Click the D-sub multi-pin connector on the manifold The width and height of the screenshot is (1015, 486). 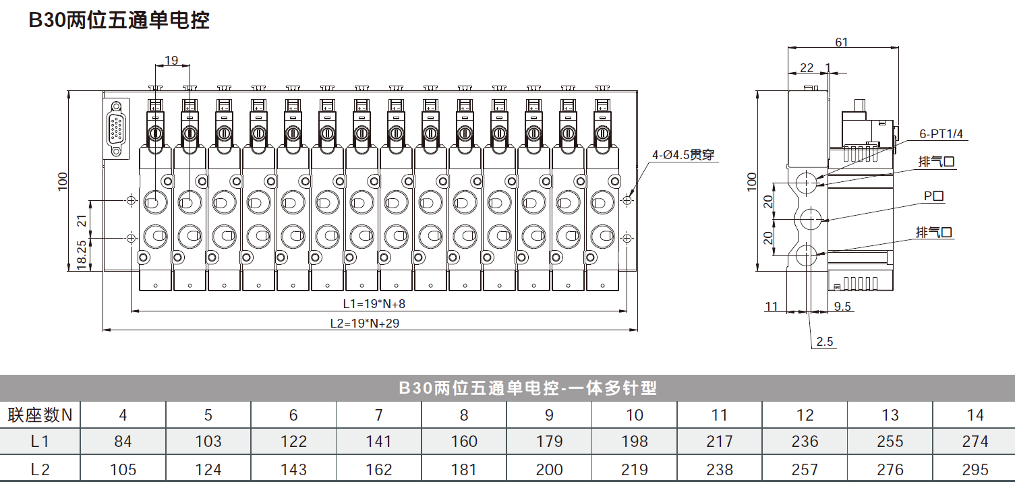point(116,129)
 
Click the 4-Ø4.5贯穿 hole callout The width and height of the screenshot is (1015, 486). point(683,155)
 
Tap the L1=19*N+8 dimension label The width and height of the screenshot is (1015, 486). point(374,303)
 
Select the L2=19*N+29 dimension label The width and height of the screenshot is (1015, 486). point(365,324)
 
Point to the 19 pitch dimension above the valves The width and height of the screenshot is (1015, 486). point(171,60)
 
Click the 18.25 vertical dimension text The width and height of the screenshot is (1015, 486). point(82,255)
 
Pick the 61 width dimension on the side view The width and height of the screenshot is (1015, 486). point(842,42)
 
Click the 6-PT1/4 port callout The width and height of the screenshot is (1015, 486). point(941,134)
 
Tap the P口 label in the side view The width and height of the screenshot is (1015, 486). point(933,196)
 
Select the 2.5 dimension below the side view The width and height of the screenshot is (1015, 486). point(825,342)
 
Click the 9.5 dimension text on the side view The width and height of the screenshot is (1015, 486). point(842,307)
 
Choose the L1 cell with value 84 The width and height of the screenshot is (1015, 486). point(123,441)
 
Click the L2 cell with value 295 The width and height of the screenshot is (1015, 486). point(975,470)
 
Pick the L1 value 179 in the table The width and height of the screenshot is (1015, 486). point(549,441)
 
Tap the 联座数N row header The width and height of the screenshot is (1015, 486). point(40,415)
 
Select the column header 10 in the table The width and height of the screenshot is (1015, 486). point(635,415)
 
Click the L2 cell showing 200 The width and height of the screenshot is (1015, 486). point(549,470)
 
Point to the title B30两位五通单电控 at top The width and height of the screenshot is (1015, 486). point(119,20)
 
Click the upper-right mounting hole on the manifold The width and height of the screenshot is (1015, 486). point(627,200)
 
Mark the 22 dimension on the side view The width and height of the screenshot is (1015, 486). point(807,68)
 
